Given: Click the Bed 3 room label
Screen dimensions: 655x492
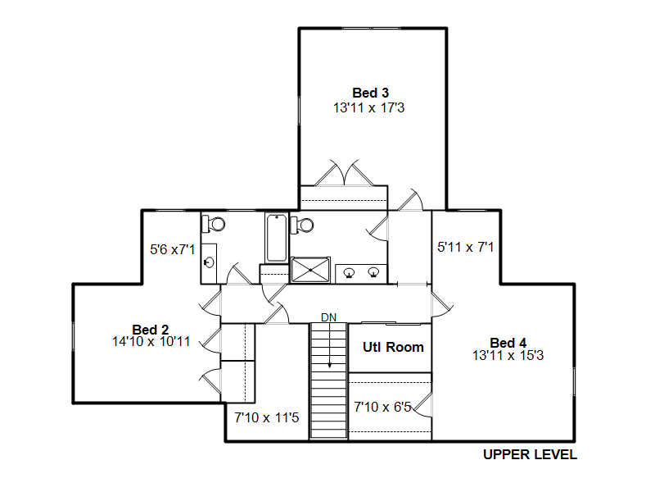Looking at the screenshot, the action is coord(371,93).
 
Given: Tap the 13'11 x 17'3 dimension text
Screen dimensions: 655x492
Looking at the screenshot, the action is coord(369,108).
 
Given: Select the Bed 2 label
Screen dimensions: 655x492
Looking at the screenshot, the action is coord(151,330).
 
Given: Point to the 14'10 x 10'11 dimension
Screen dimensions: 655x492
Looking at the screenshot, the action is coord(151,341).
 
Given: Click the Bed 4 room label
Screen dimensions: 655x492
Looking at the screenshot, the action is coord(508,343).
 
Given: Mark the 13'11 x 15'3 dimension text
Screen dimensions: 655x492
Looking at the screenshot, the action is coord(508,356).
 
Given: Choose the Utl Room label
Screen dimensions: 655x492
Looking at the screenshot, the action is coord(393,347).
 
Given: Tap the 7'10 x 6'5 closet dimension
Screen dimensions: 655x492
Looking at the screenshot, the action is coord(382,407).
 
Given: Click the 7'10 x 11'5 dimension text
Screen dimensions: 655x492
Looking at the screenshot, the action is coord(267,417).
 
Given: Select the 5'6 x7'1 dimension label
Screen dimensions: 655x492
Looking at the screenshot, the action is coord(173,250).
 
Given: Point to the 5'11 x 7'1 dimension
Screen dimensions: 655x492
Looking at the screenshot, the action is coord(465,248).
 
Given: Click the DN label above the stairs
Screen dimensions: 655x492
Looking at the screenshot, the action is coord(329,317).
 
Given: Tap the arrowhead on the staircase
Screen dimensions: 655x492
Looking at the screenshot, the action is coord(330,365).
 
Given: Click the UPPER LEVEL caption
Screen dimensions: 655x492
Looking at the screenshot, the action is coord(530,454).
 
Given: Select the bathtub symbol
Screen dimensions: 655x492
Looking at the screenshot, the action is coord(277,238).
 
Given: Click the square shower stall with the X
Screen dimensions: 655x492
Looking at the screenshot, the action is coord(310,271).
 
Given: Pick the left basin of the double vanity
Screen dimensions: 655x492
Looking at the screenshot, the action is coord(350,273).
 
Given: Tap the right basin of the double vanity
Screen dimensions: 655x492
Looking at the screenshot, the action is coord(373,272).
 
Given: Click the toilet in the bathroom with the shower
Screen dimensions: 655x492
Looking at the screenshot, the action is coord(302,225).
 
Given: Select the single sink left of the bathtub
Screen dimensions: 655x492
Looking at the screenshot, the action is coord(209,262).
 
